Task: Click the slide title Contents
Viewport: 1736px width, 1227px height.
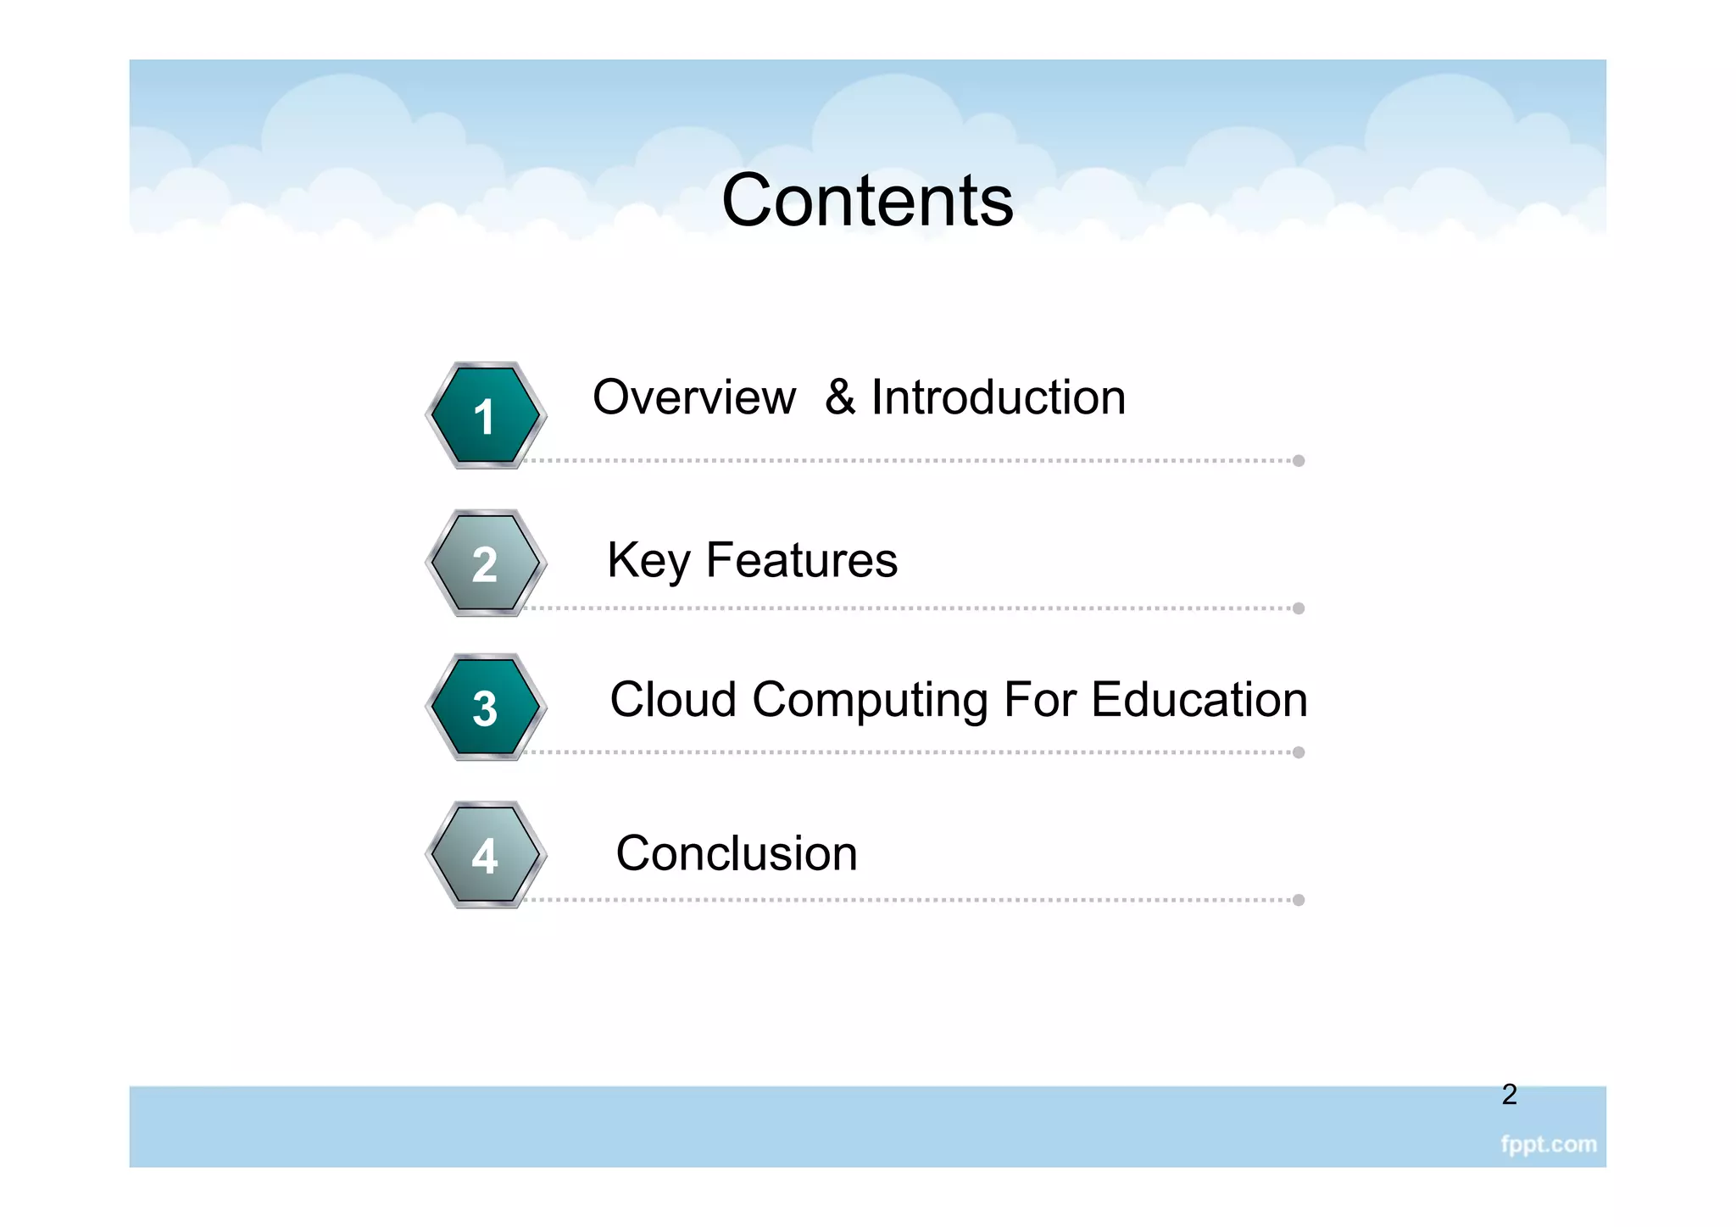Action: (x=867, y=201)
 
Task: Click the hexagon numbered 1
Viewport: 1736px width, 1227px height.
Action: (x=485, y=415)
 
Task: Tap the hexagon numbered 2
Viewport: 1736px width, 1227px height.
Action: (x=485, y=563)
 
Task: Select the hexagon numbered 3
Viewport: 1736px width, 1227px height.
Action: (x=485, y=707)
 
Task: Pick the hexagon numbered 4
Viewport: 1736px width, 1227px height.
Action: (x=485, y=854)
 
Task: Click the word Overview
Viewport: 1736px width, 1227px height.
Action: (x=694, y=397)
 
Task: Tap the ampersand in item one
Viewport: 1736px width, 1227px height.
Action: (x=840, y=397)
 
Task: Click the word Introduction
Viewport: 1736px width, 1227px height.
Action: (x=999, y=397)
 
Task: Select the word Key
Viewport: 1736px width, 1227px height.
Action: (x=649, y=561)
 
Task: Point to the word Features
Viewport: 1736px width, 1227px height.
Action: (x=802, y=561)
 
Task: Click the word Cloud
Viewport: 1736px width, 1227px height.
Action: (x=673, y=700)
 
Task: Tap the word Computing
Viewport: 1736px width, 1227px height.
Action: (x=870, y=702)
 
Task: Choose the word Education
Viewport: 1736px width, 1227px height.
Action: (x=1199, y=700)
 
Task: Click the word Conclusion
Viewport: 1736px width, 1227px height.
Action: (x=737, y=853)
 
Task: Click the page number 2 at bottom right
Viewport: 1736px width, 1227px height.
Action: (x=1509, y=1095)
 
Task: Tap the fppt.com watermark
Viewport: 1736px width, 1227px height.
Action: (x=1548, y=1145)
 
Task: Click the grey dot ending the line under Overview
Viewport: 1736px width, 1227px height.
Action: (x=1299, y=461)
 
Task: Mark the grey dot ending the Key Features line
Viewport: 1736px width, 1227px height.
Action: (x=1299, y=608)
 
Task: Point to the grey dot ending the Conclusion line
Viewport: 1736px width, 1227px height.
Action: (x=1299, y=900)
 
